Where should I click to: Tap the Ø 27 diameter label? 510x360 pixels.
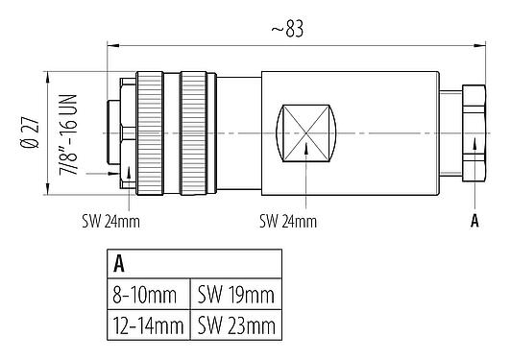click(32, 130)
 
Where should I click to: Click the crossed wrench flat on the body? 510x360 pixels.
click(305, 130)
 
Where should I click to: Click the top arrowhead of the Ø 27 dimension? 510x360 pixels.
click(47, 75)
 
